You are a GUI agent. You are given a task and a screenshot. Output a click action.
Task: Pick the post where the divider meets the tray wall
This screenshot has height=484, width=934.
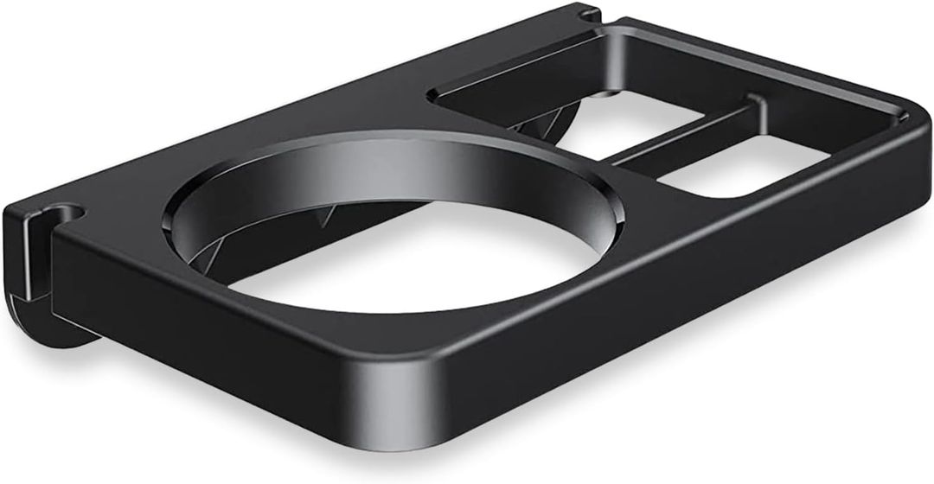click(758, 107)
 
